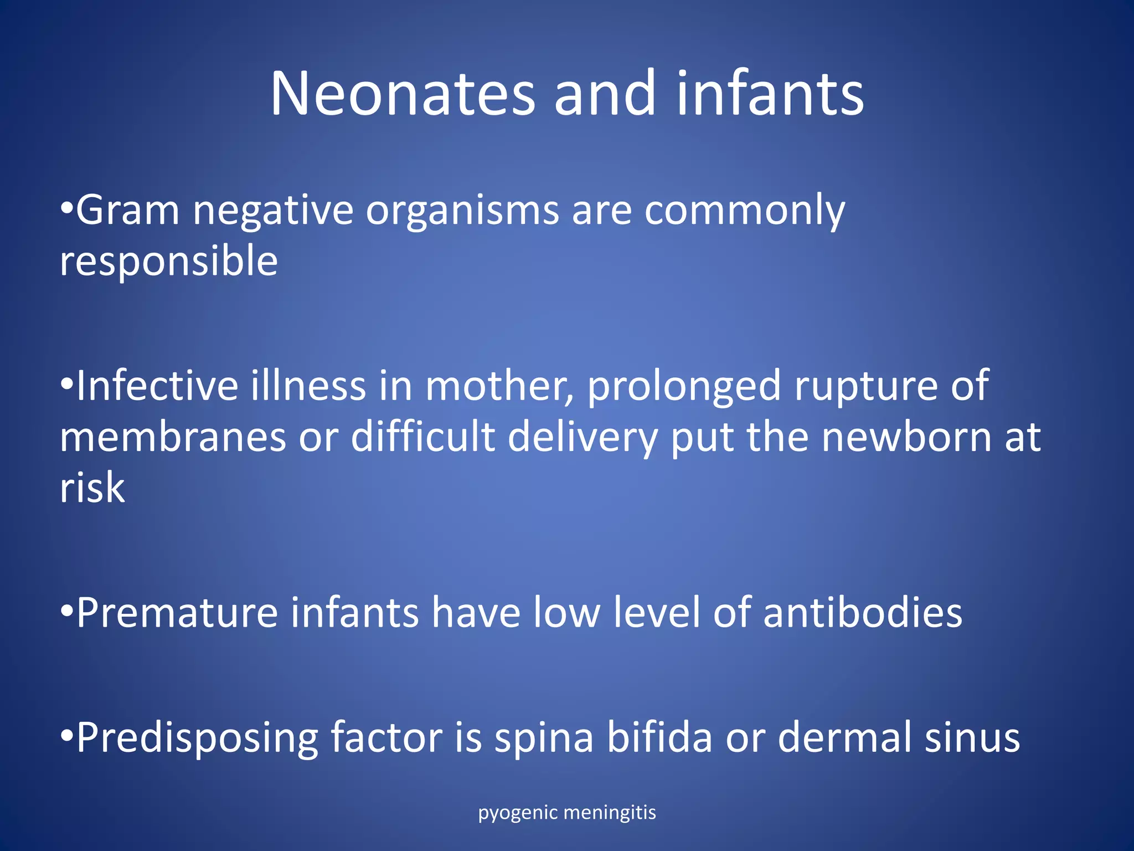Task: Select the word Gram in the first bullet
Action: click(128, 211)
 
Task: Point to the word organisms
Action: click(462, 212)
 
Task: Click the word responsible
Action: click(169, 262)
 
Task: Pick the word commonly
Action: click(745, 212)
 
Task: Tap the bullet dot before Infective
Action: click(66, 385)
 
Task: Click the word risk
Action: click(92, 488)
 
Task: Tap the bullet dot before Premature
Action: click(66, 612)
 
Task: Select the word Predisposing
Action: click(197, 739)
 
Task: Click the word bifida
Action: click(659, 737)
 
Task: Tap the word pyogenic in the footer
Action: click(518, 813)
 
